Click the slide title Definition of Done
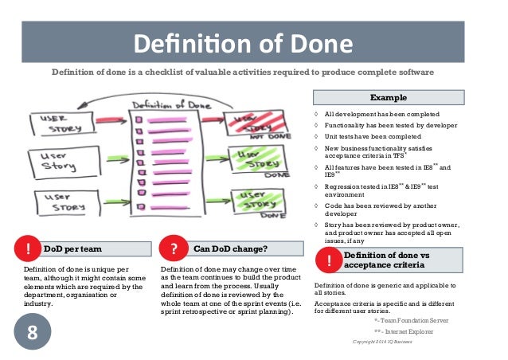(x=254, y=41)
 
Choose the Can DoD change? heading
(x=230, y=248)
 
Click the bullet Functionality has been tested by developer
(x=389, y=124)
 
